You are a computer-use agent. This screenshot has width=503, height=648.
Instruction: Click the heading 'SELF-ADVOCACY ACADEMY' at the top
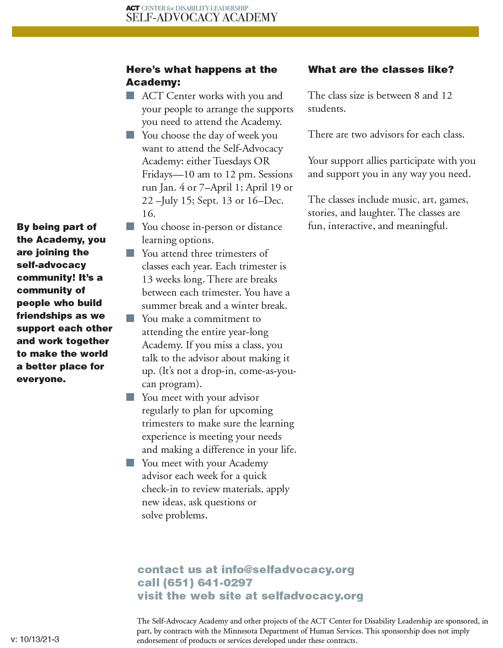pos(201,18)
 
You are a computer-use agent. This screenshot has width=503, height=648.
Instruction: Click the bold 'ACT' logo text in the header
pos(133,8)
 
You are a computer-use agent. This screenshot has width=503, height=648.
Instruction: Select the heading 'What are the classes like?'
pos(381,70)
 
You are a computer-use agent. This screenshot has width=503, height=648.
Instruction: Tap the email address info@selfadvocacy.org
pos(287,570)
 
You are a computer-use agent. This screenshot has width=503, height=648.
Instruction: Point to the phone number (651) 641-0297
pos(208,583)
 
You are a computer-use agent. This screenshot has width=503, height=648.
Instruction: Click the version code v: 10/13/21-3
pos(35,639)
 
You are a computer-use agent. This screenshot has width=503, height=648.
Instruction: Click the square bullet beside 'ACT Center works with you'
pos(131,96)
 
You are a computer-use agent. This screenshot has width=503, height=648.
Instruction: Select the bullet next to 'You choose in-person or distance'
pos(131,226)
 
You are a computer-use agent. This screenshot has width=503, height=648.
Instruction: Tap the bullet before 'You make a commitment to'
pos(131,318)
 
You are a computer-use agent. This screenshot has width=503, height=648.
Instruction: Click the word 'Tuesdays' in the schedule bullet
pos(232,161)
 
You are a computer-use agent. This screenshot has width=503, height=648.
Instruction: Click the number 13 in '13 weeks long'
pos(147,279)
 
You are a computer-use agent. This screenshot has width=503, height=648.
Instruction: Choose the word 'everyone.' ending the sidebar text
pos(41,379)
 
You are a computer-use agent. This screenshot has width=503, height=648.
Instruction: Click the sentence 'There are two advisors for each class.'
pos(386,134)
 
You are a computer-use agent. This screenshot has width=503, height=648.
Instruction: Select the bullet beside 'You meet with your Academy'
pos(131,463)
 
